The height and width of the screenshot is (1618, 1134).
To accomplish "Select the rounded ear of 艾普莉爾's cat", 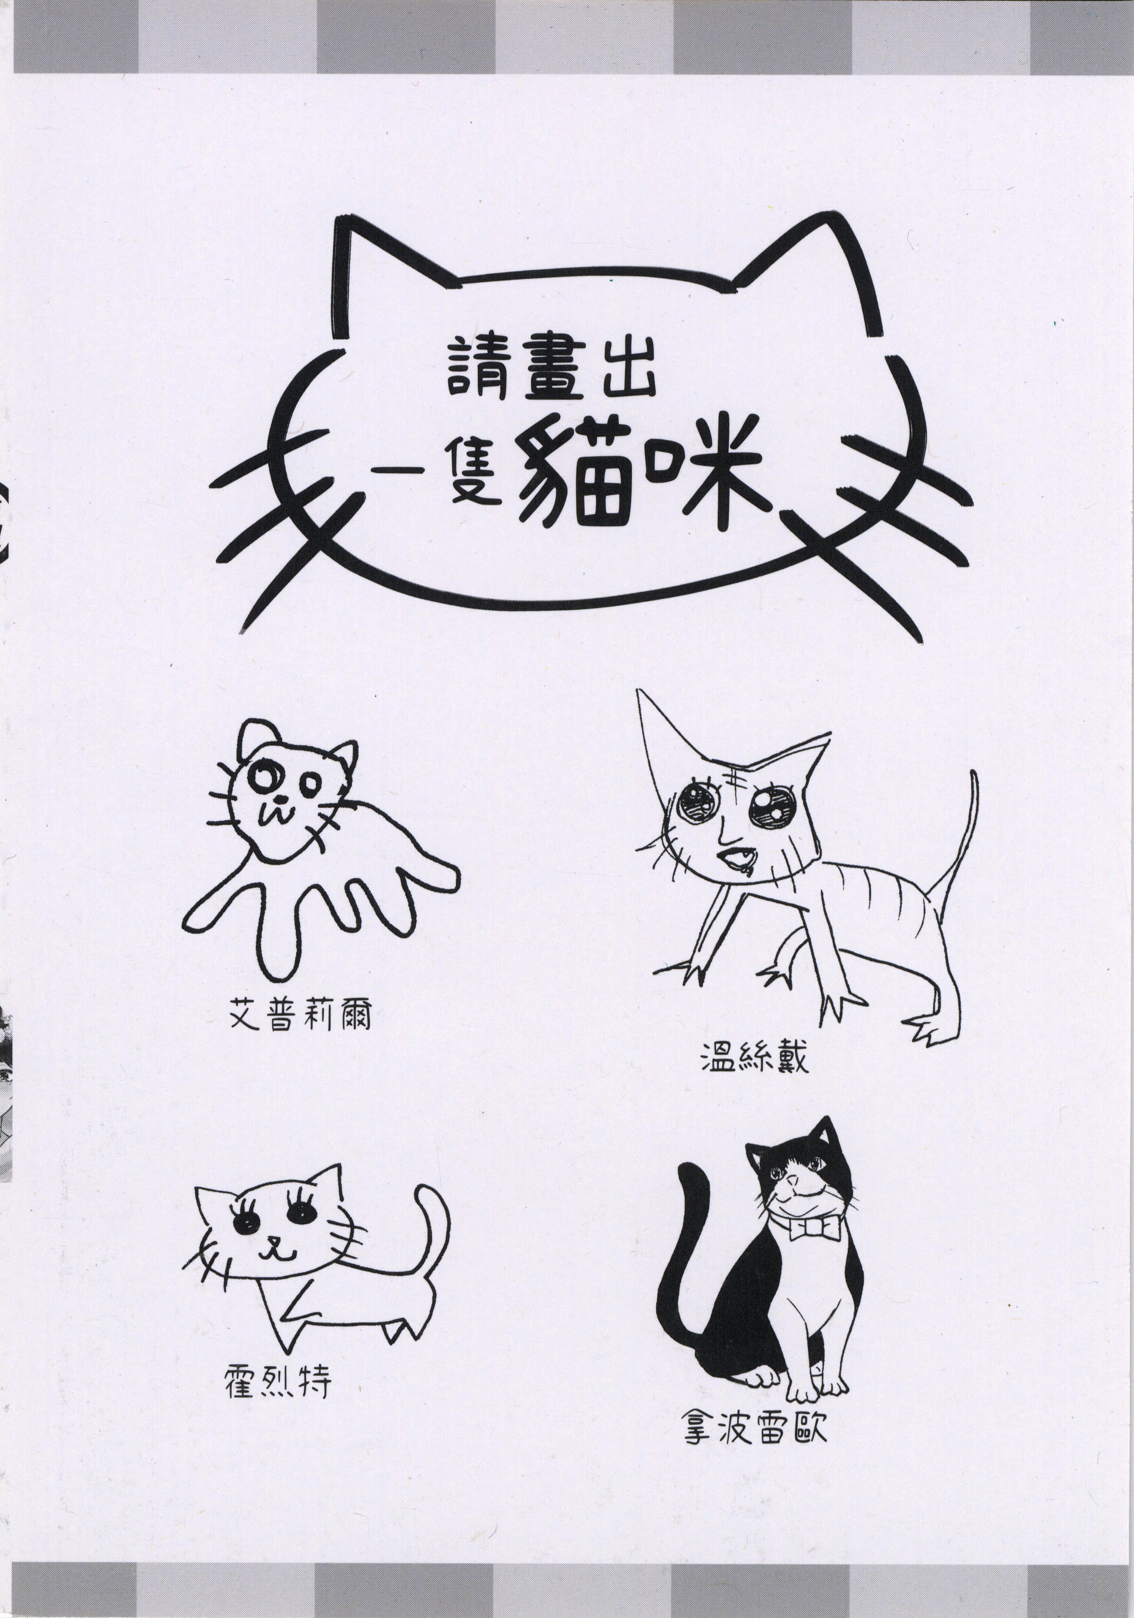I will [x=252, y=737].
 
